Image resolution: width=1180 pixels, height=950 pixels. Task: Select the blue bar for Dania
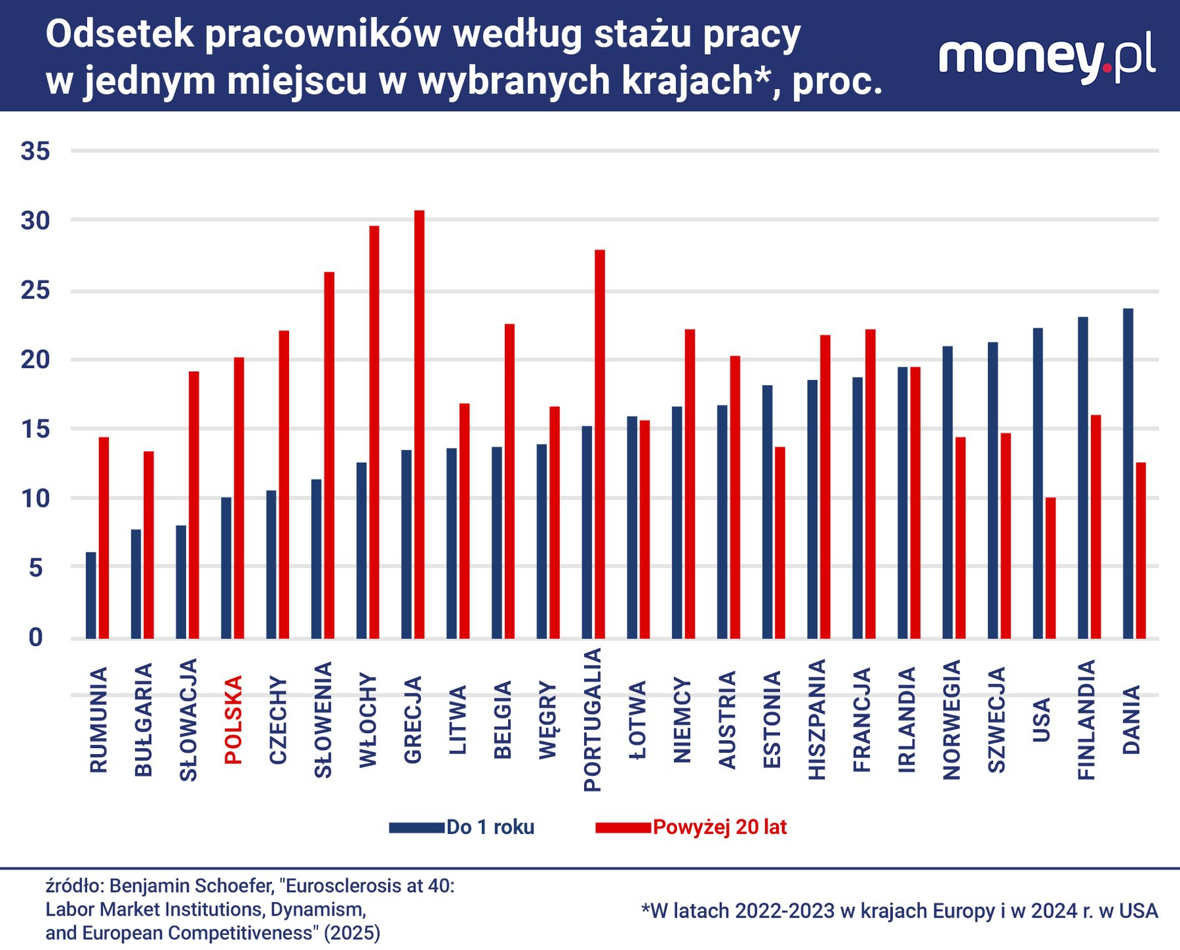point(1128,473)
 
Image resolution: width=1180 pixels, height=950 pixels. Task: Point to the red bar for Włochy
point(374,431)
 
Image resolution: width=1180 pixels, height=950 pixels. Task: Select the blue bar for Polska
point(226,567)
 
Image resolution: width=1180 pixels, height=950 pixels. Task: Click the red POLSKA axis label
point(234,720)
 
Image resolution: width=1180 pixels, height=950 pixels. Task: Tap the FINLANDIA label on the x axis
point(1086,720)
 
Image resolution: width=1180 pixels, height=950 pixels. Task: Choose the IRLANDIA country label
point(907,720)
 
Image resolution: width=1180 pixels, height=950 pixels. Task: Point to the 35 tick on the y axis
point(36,151)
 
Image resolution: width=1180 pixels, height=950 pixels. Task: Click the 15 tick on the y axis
point(36,429)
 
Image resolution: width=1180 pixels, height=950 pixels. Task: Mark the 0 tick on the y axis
point(36,637)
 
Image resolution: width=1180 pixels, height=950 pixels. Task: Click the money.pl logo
point(1047,58)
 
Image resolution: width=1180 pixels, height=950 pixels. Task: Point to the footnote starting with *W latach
point(899,911)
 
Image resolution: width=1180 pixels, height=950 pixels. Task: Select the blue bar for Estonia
point(767,511)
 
